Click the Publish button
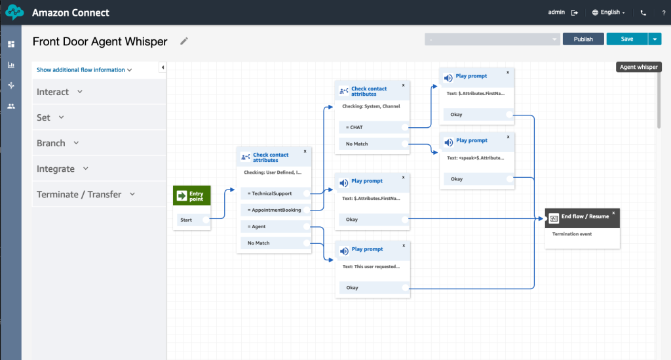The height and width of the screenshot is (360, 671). pos(583,39)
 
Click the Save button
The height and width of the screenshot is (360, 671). pos(626,39)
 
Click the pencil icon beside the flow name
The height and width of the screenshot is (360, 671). pos(184,41)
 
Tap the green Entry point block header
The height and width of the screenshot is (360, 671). pos(192,195)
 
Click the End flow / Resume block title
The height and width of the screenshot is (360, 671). pos(585,216)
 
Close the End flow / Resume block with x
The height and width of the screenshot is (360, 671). pos(613,212)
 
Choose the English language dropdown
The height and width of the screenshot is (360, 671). pos(609,12)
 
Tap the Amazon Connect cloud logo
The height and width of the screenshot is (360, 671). pos(14,12)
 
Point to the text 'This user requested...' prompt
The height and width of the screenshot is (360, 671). pos(372,267)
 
